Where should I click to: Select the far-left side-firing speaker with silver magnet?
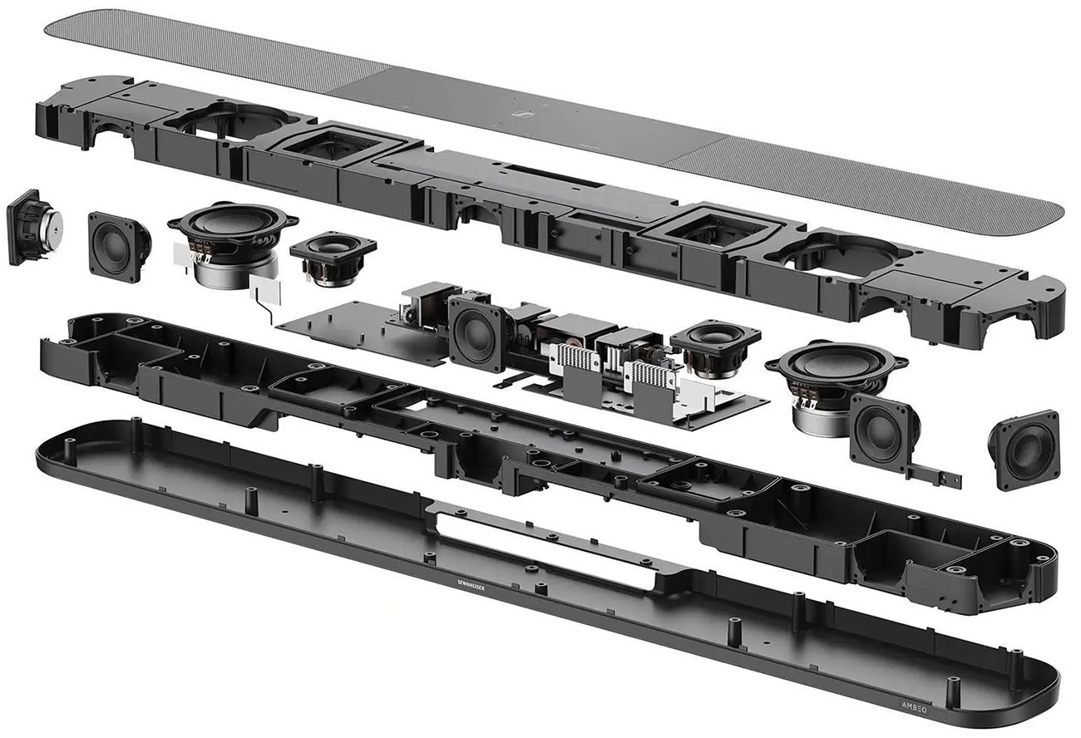pyautogui.click(x=33, y=226)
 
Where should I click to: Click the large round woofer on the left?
pyautogui.click(x=232, y=226)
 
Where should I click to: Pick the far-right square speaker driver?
pyautogui.click(x=1024, y=449)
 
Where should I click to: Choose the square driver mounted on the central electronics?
pyautogui.click(x=476, y=333)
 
